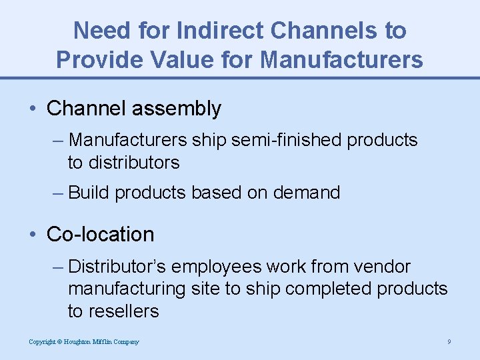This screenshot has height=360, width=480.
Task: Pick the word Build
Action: click(x=89, y=193)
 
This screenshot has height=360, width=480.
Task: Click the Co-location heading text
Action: click(x=100, y=235)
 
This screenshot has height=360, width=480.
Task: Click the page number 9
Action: click(x=449, y=342)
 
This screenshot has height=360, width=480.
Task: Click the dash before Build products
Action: click(x=58, y=193)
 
